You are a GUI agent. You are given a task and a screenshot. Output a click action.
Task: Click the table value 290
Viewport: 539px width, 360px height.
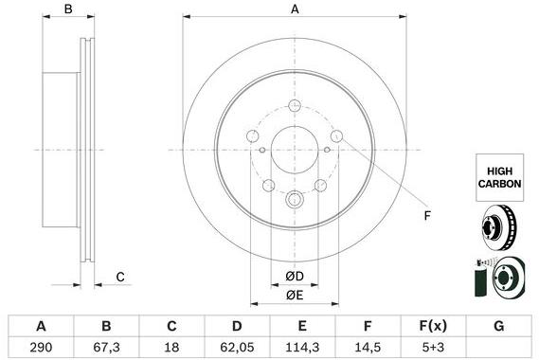(41, 347)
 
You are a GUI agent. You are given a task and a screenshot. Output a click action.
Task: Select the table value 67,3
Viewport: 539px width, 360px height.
(106, 347)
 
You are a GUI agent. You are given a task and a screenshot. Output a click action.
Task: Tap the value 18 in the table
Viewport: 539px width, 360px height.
(171, 347)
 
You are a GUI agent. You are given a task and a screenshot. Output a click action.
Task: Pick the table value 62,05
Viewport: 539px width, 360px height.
(237, 347)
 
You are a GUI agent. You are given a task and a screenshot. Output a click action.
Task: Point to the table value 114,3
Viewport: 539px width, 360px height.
(302, 347)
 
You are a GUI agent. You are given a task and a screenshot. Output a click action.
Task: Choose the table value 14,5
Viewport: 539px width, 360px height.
(368, 347)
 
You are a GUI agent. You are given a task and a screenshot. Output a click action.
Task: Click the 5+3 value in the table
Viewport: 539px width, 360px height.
(433, 347)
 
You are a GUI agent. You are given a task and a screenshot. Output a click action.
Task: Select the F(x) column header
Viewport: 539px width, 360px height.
(433, 326)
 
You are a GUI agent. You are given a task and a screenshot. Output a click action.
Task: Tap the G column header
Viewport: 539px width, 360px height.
(499, 326)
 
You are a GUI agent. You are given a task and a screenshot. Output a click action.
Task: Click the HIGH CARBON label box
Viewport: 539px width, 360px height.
(499, 177)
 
